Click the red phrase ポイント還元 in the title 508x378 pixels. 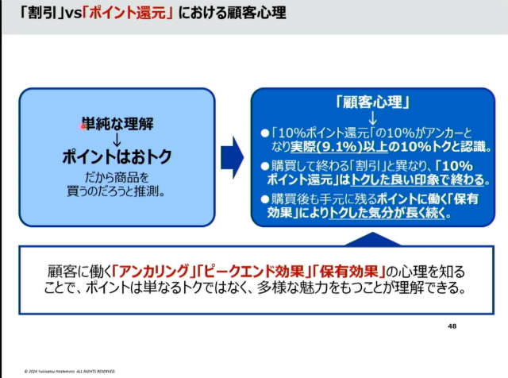point(128,13)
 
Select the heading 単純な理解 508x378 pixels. point(117,124)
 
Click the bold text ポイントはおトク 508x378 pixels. point(117,156)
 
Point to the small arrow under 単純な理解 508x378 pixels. point(117,139)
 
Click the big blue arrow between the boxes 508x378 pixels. point(233,157)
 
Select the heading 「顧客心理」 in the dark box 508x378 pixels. point(373,102)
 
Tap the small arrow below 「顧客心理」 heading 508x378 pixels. point(373,118)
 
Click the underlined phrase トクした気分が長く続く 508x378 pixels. point(388,213)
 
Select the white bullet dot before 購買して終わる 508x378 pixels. point(265,166)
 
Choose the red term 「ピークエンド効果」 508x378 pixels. point(253,272)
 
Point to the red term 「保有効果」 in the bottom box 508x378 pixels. point(348,272)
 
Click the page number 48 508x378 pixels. point(452,326)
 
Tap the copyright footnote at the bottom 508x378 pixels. point(70,371)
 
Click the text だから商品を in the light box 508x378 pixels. point(117,177)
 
